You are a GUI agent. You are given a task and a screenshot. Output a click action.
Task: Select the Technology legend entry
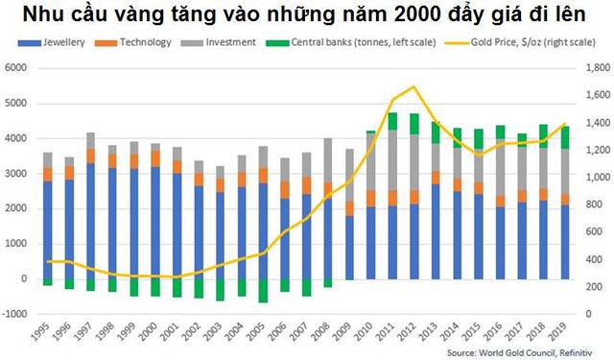[145, 44]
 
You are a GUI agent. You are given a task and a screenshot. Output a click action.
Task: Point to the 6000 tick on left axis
[16, 68]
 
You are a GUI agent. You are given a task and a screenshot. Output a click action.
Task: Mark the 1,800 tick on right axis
[598, 68]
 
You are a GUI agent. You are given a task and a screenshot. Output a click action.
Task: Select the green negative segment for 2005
[263, 291]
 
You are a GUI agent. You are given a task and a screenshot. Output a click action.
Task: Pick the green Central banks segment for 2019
[565, 137]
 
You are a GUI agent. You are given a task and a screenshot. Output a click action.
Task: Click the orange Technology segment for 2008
[328, 190]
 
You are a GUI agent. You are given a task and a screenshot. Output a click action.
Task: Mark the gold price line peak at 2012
[413, 87]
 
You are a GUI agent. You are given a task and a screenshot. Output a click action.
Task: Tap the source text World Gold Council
[514, 351]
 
